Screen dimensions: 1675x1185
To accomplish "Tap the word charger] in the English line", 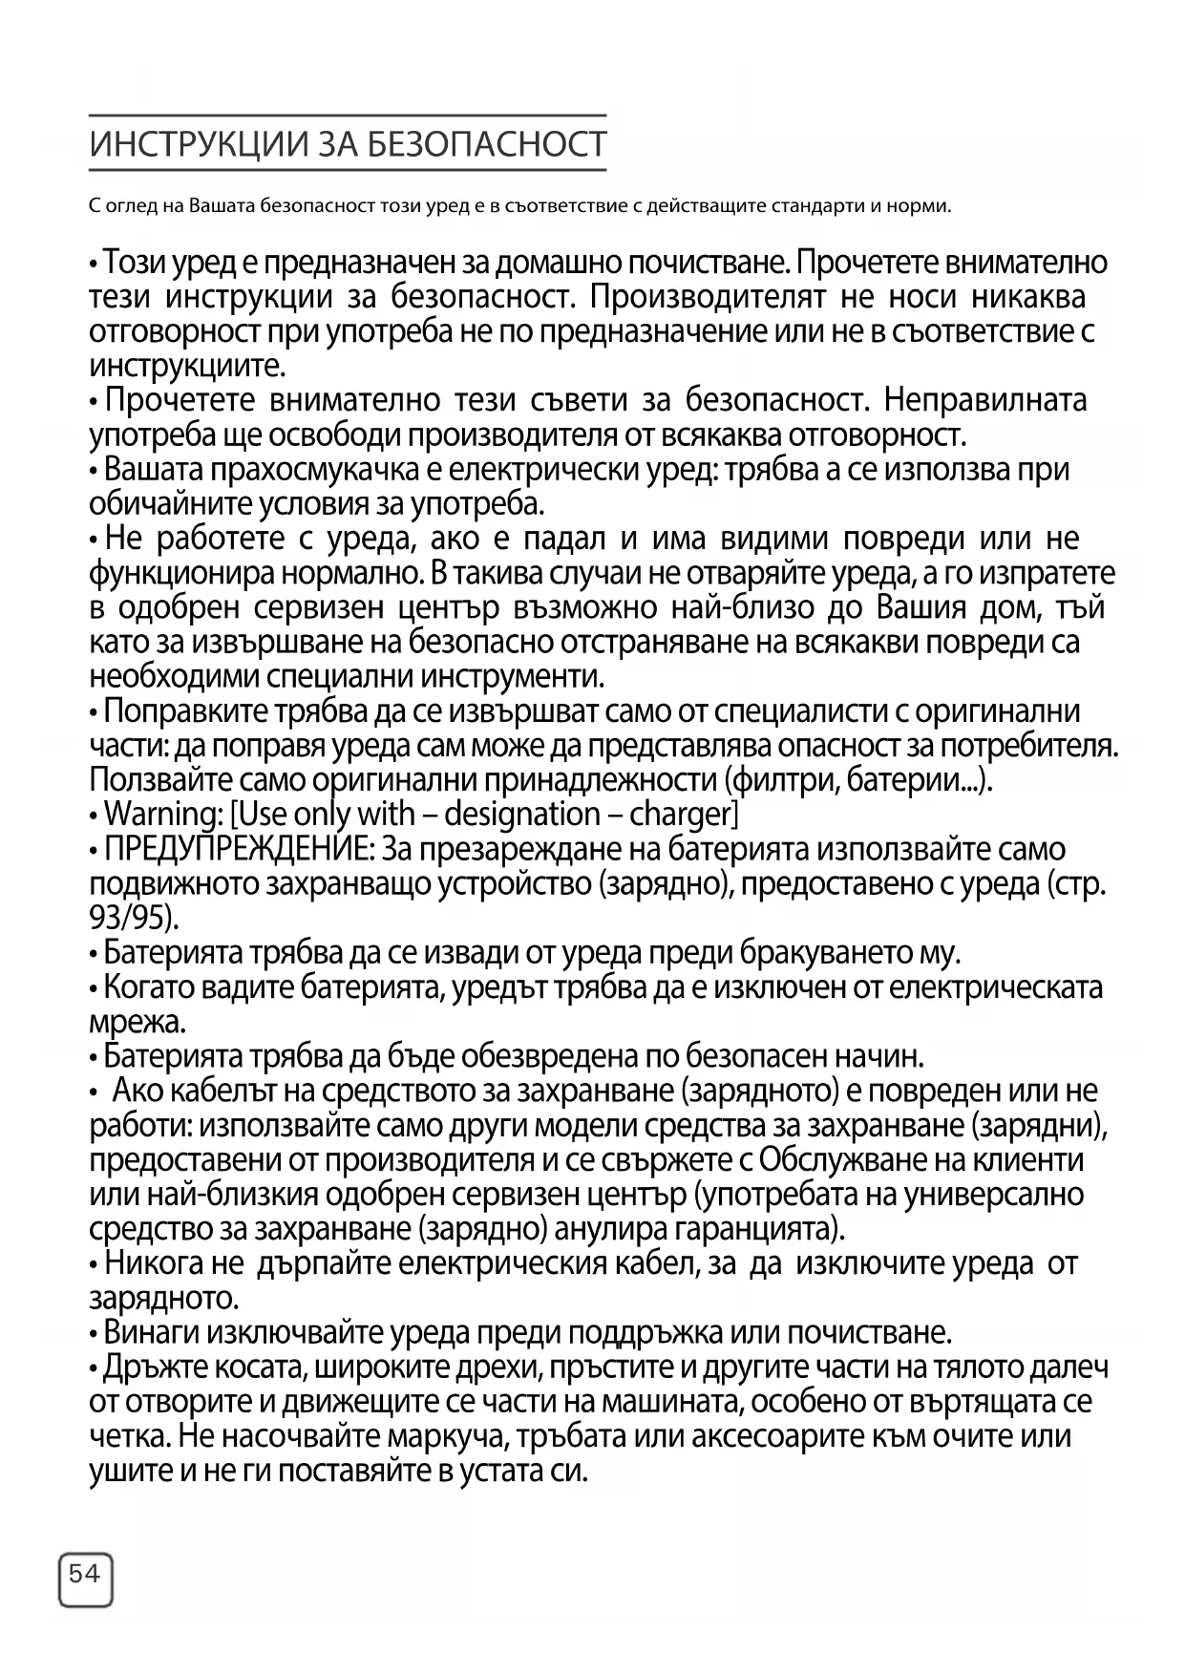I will click(684, 815).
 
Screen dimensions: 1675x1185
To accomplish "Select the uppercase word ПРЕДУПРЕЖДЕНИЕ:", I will click(239, 849).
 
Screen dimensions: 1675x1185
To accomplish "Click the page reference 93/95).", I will click(134, 918).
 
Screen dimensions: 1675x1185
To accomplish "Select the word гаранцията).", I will click(765, 1227).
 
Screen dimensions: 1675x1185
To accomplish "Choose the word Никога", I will click(154, 1263).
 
